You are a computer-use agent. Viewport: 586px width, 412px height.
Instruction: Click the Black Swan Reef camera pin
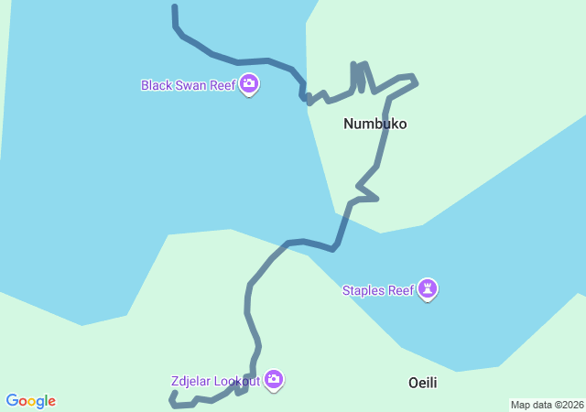click(x=249, y=85)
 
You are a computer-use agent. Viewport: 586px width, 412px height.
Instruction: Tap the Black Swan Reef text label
click(x=188, y=85)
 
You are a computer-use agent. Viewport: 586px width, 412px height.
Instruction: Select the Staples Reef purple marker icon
click(x=428, y=289)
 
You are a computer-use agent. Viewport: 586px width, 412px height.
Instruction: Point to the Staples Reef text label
click(x=378, y=291)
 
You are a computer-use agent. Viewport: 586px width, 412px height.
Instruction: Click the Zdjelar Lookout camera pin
click(x=274, y=380)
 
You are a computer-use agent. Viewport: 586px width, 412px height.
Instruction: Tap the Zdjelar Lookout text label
click(x=215, y=381)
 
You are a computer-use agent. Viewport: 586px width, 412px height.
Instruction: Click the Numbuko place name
click(x=374, y=124)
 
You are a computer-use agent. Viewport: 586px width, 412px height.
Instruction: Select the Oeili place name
click(x=422, y=383)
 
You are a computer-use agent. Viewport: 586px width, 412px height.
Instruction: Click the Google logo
click(x=31, y=401)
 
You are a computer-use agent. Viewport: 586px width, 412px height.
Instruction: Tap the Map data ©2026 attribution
click(x=546, y=405)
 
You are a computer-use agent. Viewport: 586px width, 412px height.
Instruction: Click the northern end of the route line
click(x=174, y=7)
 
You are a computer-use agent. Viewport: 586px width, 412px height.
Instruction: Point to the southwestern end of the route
click(x=173, y=395)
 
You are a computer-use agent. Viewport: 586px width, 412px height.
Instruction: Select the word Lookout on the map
click(x=236, y=381)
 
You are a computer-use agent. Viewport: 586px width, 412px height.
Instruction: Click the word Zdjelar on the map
click(x=190, y=381)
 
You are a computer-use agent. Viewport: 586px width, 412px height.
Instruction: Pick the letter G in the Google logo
click(x=12, y=401)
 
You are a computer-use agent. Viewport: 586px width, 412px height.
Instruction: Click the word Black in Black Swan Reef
click(x=157, y=85)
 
